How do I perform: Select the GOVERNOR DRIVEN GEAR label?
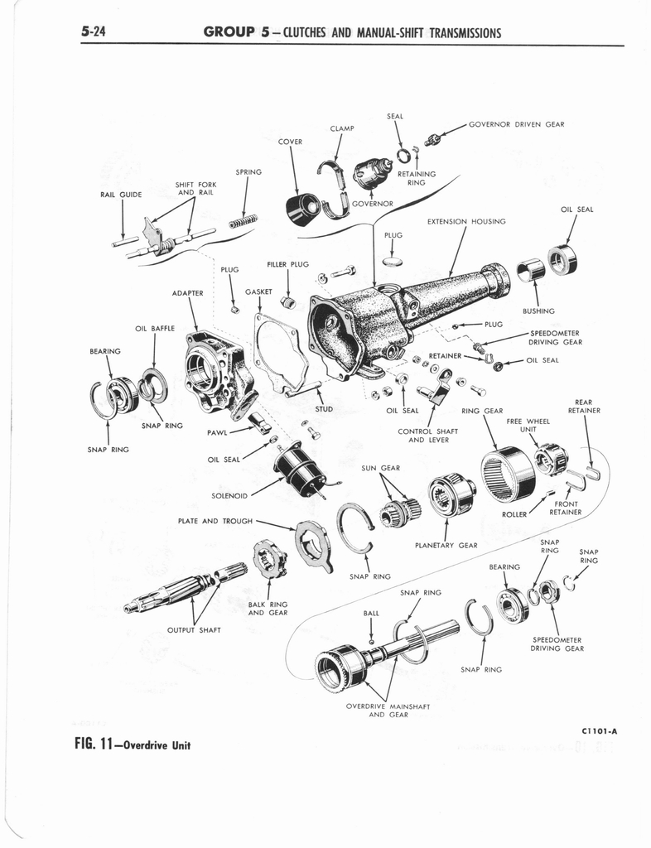point(516,124)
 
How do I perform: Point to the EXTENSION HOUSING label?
point(465,222)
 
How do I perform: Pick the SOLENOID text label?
point(229,496)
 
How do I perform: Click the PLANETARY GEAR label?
point(446,545)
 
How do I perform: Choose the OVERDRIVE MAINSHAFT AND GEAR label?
point(388,711)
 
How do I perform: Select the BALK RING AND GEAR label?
point(268,609)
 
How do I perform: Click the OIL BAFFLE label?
point(154,329)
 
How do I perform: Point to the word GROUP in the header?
point(228,32)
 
